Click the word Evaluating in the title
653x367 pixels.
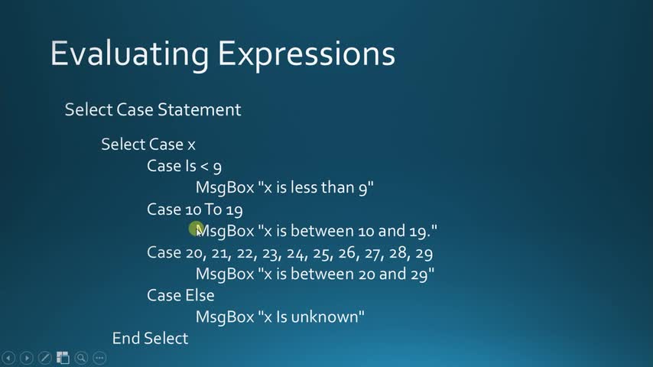click(129, 54)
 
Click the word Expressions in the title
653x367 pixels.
click(306, 54)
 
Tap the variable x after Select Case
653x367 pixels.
click(191, 145)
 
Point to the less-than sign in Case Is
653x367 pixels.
click(204, 166)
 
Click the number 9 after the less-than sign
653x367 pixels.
click(217, 167)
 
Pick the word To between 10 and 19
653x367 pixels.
click(213, 209)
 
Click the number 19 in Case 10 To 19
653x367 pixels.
click(234, 209)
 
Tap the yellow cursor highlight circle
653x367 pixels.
click(195, 229)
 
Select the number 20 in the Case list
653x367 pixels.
click(194, 253)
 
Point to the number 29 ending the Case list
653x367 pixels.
click(424, 253)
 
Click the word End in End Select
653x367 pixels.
click(126, 338)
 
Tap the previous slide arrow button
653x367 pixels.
click(8, 358)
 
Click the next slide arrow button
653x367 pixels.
click(27, 358)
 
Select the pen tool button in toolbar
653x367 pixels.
click(45, 358)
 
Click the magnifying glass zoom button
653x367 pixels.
click(81, 358)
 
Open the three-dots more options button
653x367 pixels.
click(99, 358)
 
